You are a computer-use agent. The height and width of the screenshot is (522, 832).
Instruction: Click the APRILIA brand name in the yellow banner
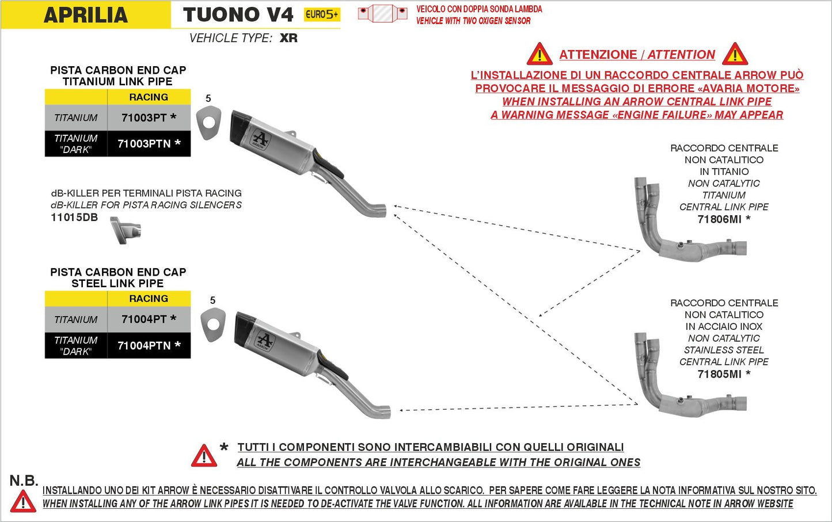[85, 15]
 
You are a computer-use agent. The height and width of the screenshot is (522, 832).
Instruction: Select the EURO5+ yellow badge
[322, 14]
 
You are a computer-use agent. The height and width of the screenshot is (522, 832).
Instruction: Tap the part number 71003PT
[145, 117]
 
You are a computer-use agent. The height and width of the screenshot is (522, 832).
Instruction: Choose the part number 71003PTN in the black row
[145, 143]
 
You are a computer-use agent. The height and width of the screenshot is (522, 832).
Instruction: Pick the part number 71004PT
[145, 319]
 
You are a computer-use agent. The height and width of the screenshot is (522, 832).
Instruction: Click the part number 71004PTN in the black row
[145, 345]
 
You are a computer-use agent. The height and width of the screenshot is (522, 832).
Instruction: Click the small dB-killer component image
[126, 230]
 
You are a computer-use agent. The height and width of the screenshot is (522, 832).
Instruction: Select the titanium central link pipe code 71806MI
[719, 219]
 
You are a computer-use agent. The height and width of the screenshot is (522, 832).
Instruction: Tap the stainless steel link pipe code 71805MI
[719, 374]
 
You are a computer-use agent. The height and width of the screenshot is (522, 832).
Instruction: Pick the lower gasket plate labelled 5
[213, 325]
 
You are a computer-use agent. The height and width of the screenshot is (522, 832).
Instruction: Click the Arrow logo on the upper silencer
[260, 140]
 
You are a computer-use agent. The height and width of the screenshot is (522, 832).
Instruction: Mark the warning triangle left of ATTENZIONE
[540, 55]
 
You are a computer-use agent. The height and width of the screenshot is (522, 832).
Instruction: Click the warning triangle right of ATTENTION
[735, 55]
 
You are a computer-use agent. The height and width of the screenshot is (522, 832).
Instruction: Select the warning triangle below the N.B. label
[23, 501]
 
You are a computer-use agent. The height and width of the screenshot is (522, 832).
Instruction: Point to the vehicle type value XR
[288, 38]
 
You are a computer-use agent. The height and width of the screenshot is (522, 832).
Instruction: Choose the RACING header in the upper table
[149, 97]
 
